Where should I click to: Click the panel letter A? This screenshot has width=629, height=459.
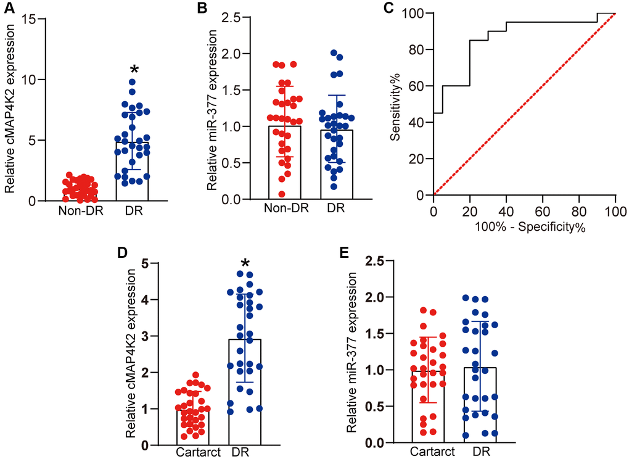[x=8, y=8]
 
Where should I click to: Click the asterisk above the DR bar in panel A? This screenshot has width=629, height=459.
[x=134, y=69]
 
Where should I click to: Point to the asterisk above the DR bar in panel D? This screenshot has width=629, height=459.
[x=245, y=264]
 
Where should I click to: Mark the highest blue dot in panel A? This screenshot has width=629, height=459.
[x=133, y=82]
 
